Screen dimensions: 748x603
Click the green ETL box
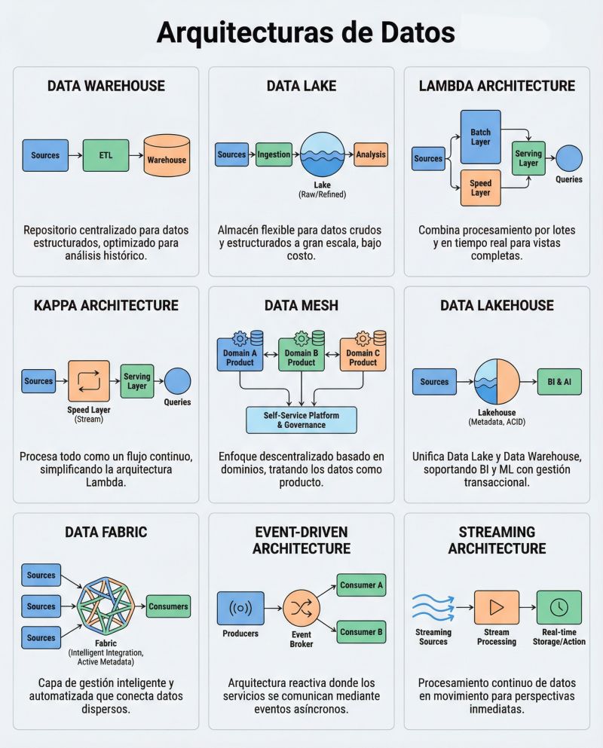click(x=106, y=156)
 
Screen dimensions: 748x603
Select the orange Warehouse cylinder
click(x=167, y=156)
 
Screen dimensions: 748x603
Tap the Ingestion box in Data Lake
click(x=274, y=154)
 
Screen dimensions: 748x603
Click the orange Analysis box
click(x=371, y=154)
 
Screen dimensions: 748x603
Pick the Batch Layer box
click(x=480, y=137)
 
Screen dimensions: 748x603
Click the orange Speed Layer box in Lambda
click(x=480, y=188)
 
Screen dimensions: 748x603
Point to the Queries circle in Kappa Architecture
click(x=177, y=380)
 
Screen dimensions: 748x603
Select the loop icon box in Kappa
click(x=89, y=380)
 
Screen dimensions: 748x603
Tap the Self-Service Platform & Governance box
click(x=301, y=420)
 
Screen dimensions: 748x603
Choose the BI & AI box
click(x=559, y=382)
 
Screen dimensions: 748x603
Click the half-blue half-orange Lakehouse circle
click(x=496, y=382)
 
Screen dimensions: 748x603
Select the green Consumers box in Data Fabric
click(x=168, y=606)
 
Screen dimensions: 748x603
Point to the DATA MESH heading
click(x=301, y=305)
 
